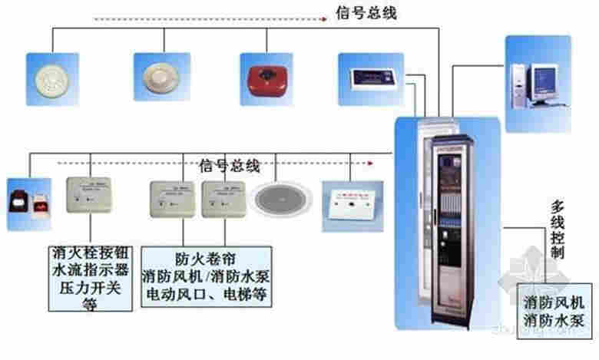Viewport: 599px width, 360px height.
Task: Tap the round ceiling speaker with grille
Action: (x=283, y=198)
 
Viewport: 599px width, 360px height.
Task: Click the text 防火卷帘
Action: (x=193, y=259)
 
